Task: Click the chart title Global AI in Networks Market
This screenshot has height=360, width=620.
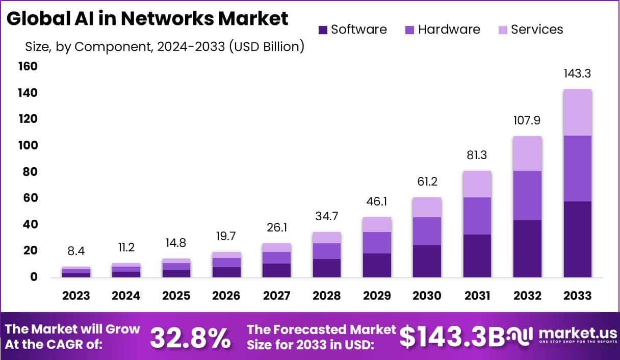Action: point(147,19)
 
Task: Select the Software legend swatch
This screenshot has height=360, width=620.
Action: point(323,30)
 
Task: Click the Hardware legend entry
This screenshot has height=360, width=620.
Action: point(442,30)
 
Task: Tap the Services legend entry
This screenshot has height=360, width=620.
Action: point(530,30)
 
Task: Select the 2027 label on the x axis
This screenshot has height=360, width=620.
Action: point(276,296)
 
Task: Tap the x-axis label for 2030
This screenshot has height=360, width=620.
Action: point(427,296)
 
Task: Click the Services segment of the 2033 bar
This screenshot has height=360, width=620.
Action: point(578,112)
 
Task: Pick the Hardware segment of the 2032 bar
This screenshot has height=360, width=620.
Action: point(527,195)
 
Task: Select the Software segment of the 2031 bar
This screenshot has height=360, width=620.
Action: point(477,256)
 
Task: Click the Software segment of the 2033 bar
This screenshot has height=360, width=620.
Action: point(578,239)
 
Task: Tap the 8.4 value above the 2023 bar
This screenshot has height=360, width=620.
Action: point(75,251)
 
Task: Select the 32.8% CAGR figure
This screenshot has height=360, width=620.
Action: point(190,337)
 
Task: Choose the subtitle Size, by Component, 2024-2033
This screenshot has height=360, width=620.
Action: point(165,47)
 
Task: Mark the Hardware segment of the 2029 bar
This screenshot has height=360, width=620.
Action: point(377,243)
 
